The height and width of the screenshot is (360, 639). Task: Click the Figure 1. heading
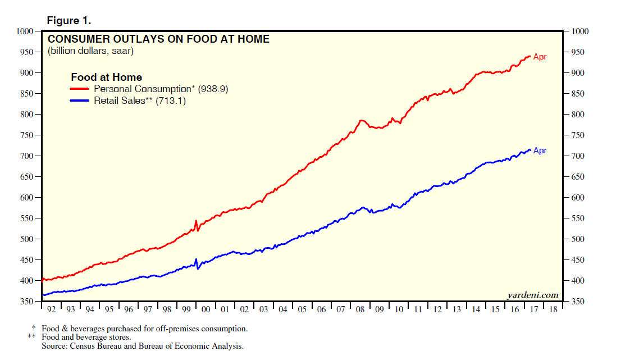pos(69,21)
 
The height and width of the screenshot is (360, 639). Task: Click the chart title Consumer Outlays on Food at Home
pos(158,39)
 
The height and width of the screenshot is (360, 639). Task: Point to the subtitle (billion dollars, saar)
pos(90,51)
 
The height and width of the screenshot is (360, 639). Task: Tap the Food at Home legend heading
pos(106,78)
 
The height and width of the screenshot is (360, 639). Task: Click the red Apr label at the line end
pos(540,57)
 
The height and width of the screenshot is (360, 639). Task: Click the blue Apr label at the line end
pos(540,151)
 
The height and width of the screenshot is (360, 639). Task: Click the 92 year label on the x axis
pos(52,309)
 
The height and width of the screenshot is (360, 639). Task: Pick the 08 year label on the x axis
pos(359,309)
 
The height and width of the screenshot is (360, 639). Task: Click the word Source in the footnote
pos(55,346)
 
